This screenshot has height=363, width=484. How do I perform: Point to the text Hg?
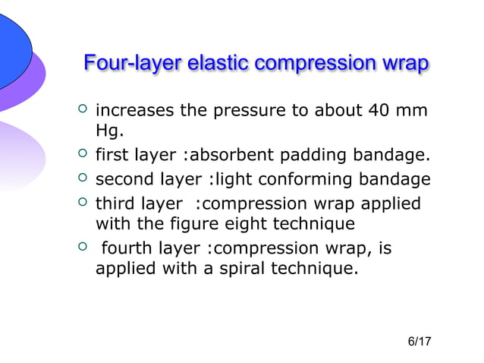click(x=109, y=134)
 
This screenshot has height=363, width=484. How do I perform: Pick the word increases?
click(x=134, y=113)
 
